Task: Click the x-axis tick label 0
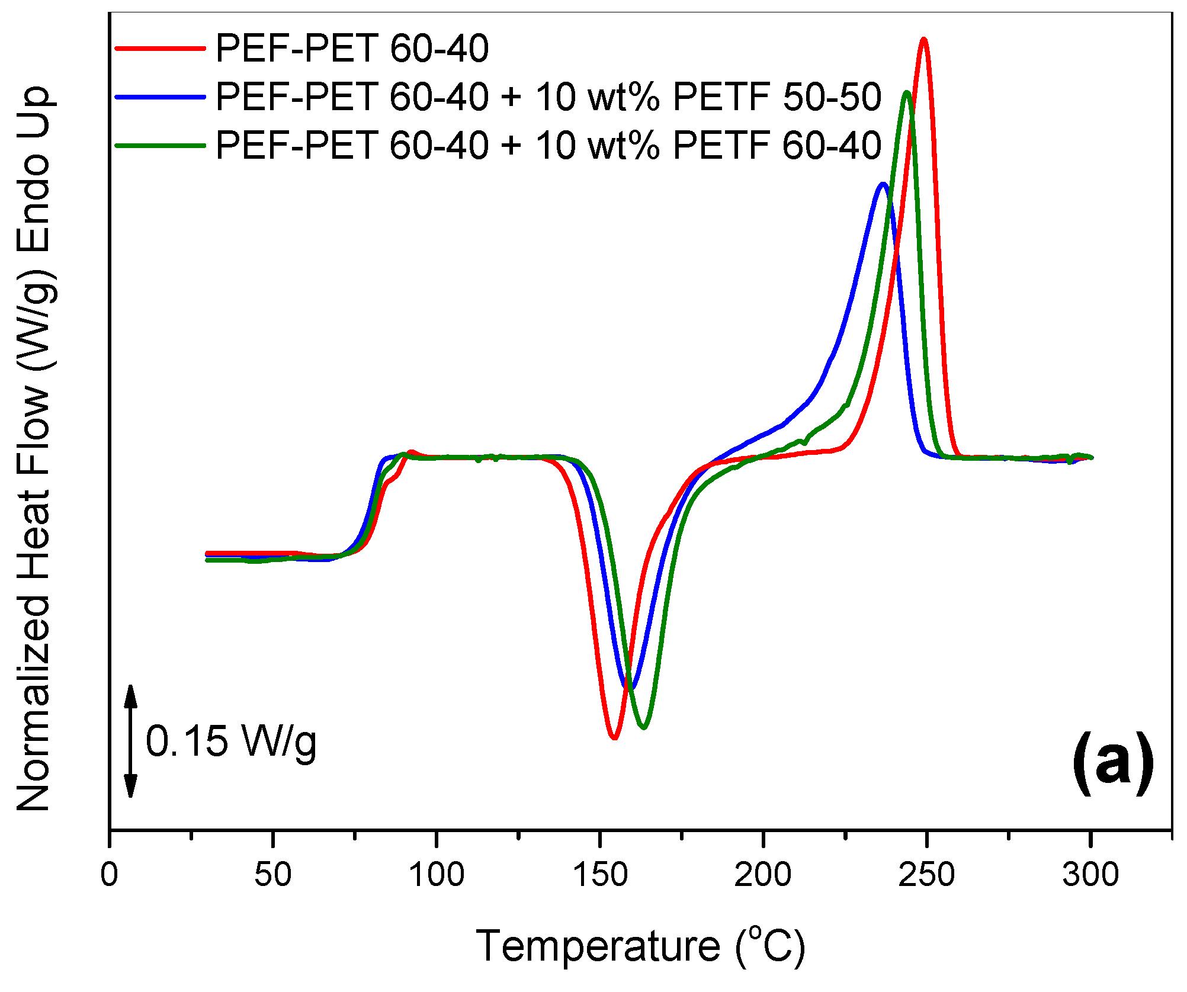110,875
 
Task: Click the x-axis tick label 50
272,875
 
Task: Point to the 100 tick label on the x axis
437,875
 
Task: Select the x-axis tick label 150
600,875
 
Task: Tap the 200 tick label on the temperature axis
763,875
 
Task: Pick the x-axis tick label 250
926,875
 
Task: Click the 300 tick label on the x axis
1090,875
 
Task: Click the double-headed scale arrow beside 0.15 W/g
131,741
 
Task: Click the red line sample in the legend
160,48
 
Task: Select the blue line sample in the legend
160,97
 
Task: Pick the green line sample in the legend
160,145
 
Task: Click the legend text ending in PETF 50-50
548,97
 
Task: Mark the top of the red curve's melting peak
923,39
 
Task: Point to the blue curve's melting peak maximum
883,184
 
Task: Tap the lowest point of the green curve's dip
644,727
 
